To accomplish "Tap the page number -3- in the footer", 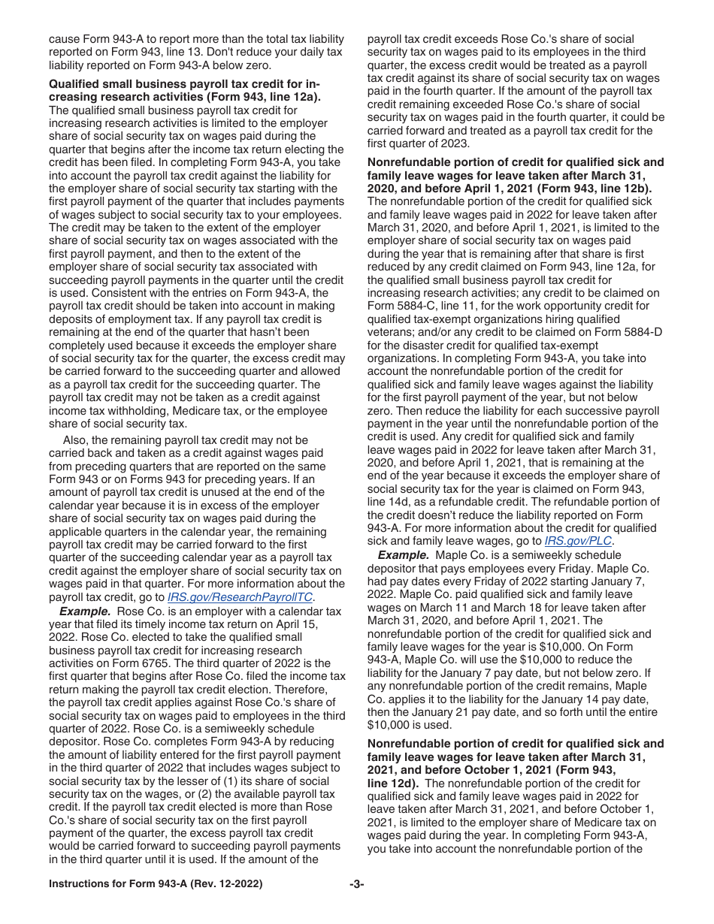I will click(356, 885).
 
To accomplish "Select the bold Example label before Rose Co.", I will click(85, 611).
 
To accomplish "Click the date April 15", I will click(324, 611).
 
